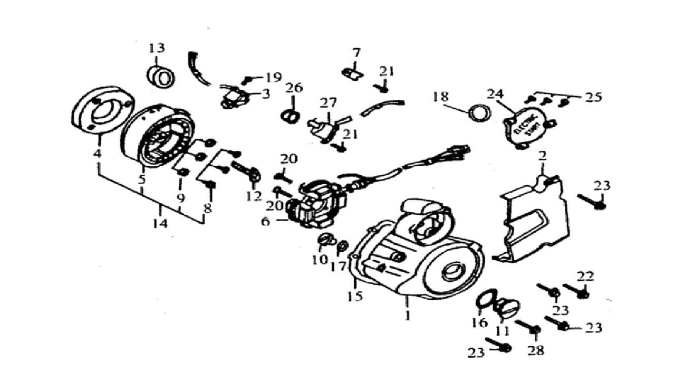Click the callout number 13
tap(156, 48)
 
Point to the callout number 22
tap(585, 276)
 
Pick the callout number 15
tap(355, 296)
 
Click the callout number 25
tap(592, 97)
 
